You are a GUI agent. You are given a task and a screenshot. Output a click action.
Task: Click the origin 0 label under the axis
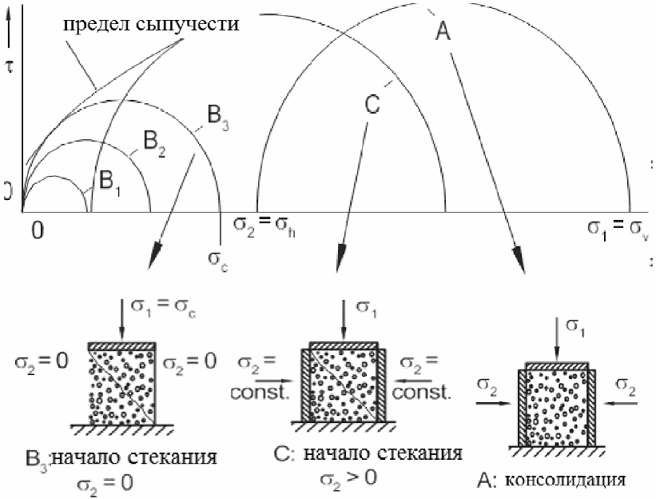[36, 230]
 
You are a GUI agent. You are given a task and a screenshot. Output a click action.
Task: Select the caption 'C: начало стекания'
[368, 454]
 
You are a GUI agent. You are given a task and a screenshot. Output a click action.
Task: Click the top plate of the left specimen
[121, 345]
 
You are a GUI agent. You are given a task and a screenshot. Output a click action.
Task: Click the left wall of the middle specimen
[304, 384]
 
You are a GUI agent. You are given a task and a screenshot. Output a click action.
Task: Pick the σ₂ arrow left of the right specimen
[492, 396]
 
